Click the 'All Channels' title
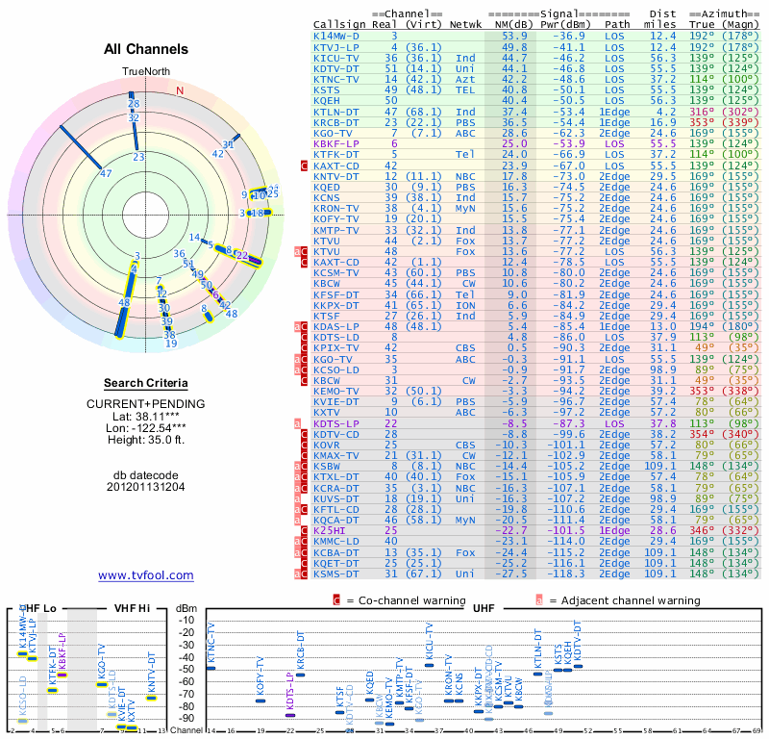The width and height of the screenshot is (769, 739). [x=145, y=49]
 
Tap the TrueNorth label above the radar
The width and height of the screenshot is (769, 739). [x=145, y=72]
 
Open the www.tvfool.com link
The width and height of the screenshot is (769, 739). [x=145, y=575]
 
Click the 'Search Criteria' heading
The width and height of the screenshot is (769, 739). [x=145, y=383]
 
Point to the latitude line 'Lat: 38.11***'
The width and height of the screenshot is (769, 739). [x=145, y=416]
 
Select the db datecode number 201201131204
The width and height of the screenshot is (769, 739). [x=145, y=486]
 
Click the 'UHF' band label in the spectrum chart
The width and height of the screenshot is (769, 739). [x=484, y=608]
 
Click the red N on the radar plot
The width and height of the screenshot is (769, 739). [x=179, y=90]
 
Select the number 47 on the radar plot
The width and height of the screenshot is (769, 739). [x=106, y=174]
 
